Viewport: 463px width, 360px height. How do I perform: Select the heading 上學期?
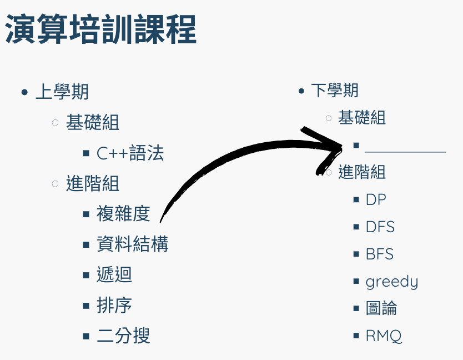(x=62, y=92)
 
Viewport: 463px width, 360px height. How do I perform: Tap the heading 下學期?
(x=334, y=90)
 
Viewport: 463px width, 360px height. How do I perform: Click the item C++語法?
(x=130, y=153)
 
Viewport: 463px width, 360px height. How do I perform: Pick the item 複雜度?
(x=123, y=213)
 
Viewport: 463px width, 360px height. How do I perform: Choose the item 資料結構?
(x=132, y=243)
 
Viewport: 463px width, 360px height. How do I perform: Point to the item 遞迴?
(x=114, y=274)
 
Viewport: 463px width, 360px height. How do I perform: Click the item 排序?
(x=114, y=305)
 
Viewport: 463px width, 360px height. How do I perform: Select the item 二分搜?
(x=123, y=336)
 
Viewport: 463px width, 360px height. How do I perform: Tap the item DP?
(x=376, y=199)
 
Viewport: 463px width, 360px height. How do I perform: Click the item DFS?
(x=380, y=227)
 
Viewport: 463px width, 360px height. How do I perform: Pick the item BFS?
(x=380, y=254)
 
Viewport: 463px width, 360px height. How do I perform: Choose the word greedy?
(x=391, y=282)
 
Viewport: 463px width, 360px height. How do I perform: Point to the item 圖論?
(x=381, y=308)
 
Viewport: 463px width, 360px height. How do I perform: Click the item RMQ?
(x=384, y=336)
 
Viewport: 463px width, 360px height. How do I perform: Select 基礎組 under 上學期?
(x=93, y=122)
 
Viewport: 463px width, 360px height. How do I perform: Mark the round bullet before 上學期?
(x=24, y=92)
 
